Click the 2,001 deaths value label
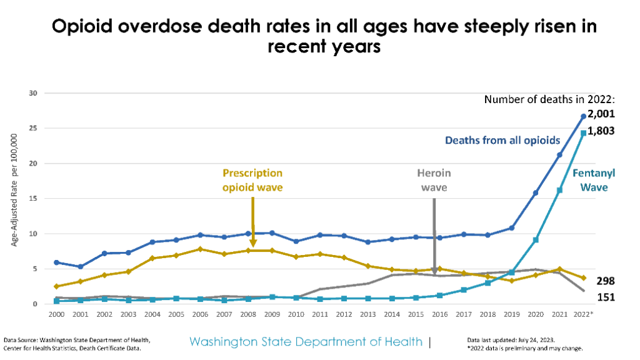pyautogui.click(x=601, y=114)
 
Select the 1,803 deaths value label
pyautogui.click(x=601, y=131)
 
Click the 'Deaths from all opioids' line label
pyautogui.click(x=502, y=140)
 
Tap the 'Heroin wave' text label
pyautogui.click(x=434, y=180)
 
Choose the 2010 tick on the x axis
pyautogui.click(x=296, y=314)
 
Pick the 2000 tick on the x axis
pyautogui.click(x=56, y=314)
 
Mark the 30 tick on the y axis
pyautogui.click(x=33, y=93)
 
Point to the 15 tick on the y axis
pyautogui.click(x=33, y=199)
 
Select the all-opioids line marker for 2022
pyautogui.click(x=583, y=116)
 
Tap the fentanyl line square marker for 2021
pyautogui.click(x=559, y=190)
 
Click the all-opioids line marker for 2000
pyautogui.click(x=56, y=262)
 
